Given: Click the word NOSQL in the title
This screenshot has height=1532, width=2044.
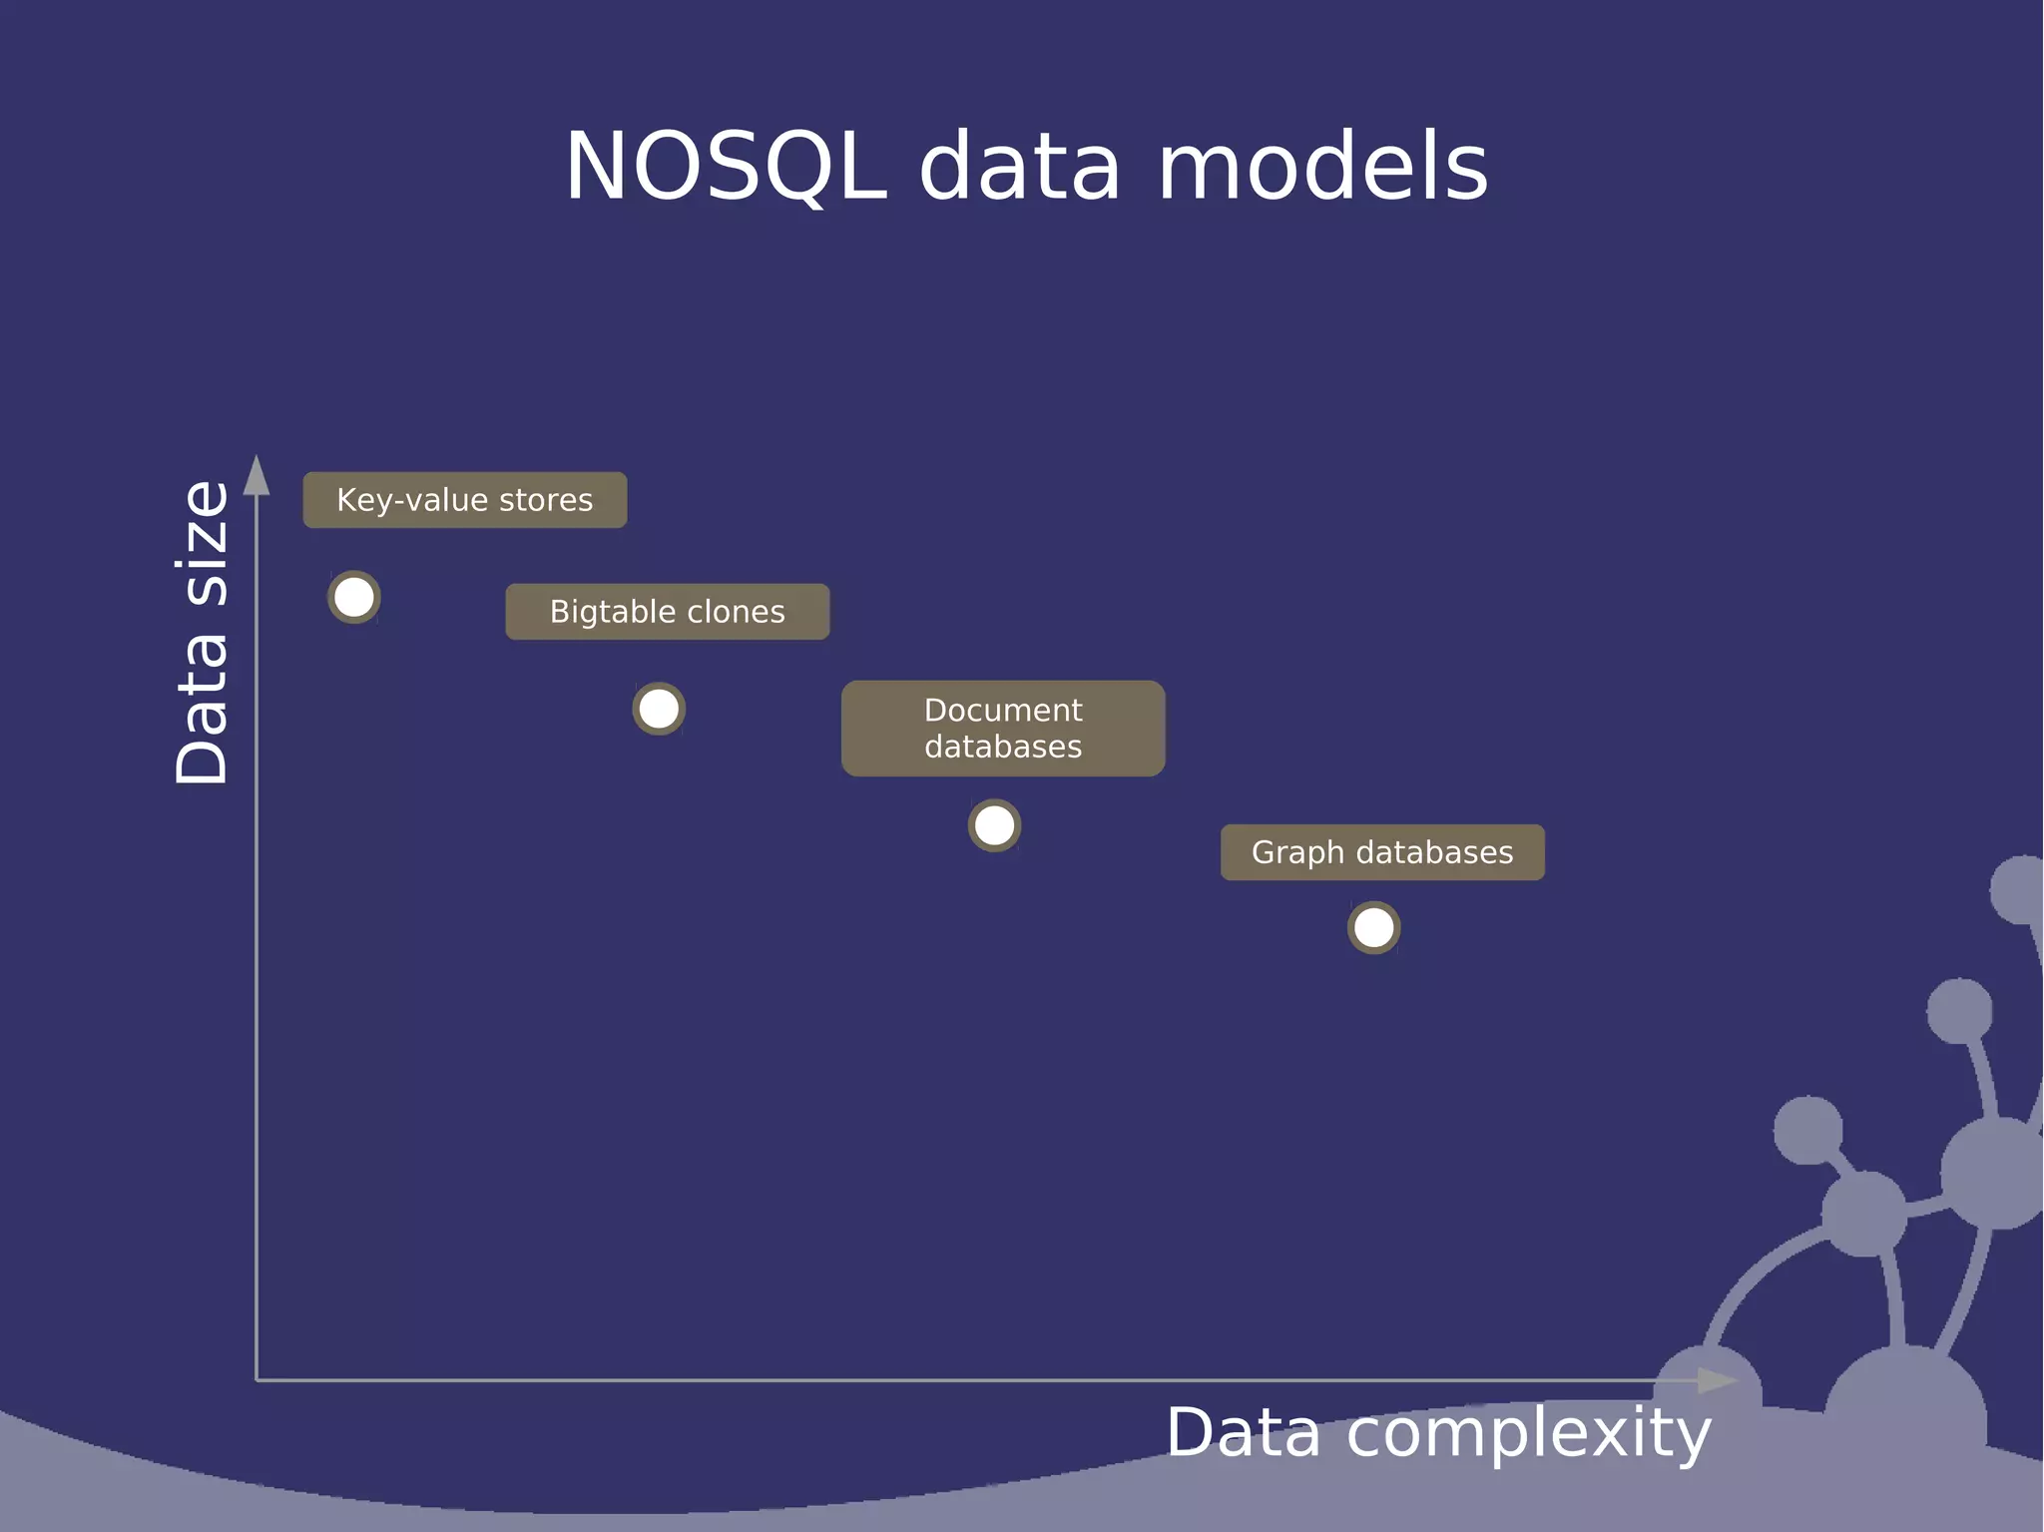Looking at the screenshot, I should (726, 167).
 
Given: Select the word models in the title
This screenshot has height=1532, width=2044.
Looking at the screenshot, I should (1323, 167).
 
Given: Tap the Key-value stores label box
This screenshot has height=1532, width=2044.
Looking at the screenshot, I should (465, 500).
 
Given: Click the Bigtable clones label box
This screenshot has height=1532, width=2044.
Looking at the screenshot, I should (667, 612).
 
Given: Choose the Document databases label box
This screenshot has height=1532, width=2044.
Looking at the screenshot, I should (1003, 729).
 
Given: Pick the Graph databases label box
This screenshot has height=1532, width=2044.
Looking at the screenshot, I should (1382, 852).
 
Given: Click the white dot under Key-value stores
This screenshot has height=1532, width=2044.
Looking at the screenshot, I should (354, 598).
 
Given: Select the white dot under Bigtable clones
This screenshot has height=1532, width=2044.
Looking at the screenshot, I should (659, 710).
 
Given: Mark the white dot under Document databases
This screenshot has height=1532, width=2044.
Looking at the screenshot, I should (994, 825).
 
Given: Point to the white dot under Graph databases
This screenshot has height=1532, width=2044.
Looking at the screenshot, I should (1374, 928).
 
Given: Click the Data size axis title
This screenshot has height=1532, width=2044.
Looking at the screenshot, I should (203, 633).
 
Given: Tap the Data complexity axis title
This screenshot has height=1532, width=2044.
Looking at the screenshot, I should (1438, 1433).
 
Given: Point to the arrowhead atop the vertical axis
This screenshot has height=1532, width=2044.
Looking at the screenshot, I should (256, 475).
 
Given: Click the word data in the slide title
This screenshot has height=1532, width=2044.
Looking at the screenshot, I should (1020, 167).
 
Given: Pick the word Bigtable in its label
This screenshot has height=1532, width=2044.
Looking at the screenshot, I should (608, 612).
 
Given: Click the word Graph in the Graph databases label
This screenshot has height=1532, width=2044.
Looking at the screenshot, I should (1297, 853).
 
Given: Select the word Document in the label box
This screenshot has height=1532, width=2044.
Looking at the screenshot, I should (1003, 710).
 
